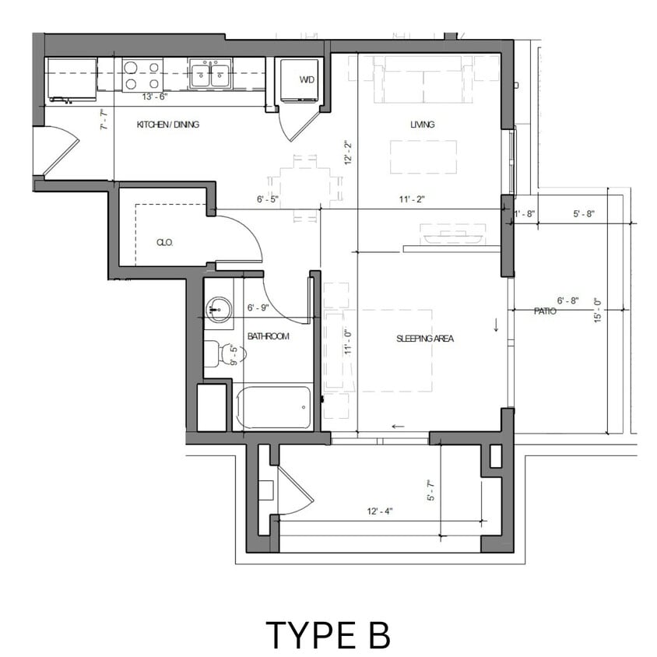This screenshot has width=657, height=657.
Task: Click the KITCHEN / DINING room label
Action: [x=168, y=125]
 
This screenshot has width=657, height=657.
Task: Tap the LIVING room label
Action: [x=423, y=125]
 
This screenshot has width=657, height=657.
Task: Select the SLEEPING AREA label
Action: [x=424, y=339]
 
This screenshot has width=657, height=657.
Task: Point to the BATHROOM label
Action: [x=269, y=336]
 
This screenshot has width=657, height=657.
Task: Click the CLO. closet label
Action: [x=164, y=243]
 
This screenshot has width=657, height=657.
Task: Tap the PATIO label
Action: [x=544, y=311]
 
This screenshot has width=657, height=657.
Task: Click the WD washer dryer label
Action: [x=307, y=80]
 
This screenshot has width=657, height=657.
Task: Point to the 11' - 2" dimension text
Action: [x=411, y=200]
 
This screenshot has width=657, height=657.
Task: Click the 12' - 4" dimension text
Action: [x=380, y=511]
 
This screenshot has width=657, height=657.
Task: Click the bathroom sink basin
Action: [x=219, y=310]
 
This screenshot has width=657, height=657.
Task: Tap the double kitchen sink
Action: [x=209, y=76]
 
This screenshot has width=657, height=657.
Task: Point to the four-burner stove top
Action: [x=142, y=76]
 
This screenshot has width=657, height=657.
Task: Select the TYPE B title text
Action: [x=328, y=634]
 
